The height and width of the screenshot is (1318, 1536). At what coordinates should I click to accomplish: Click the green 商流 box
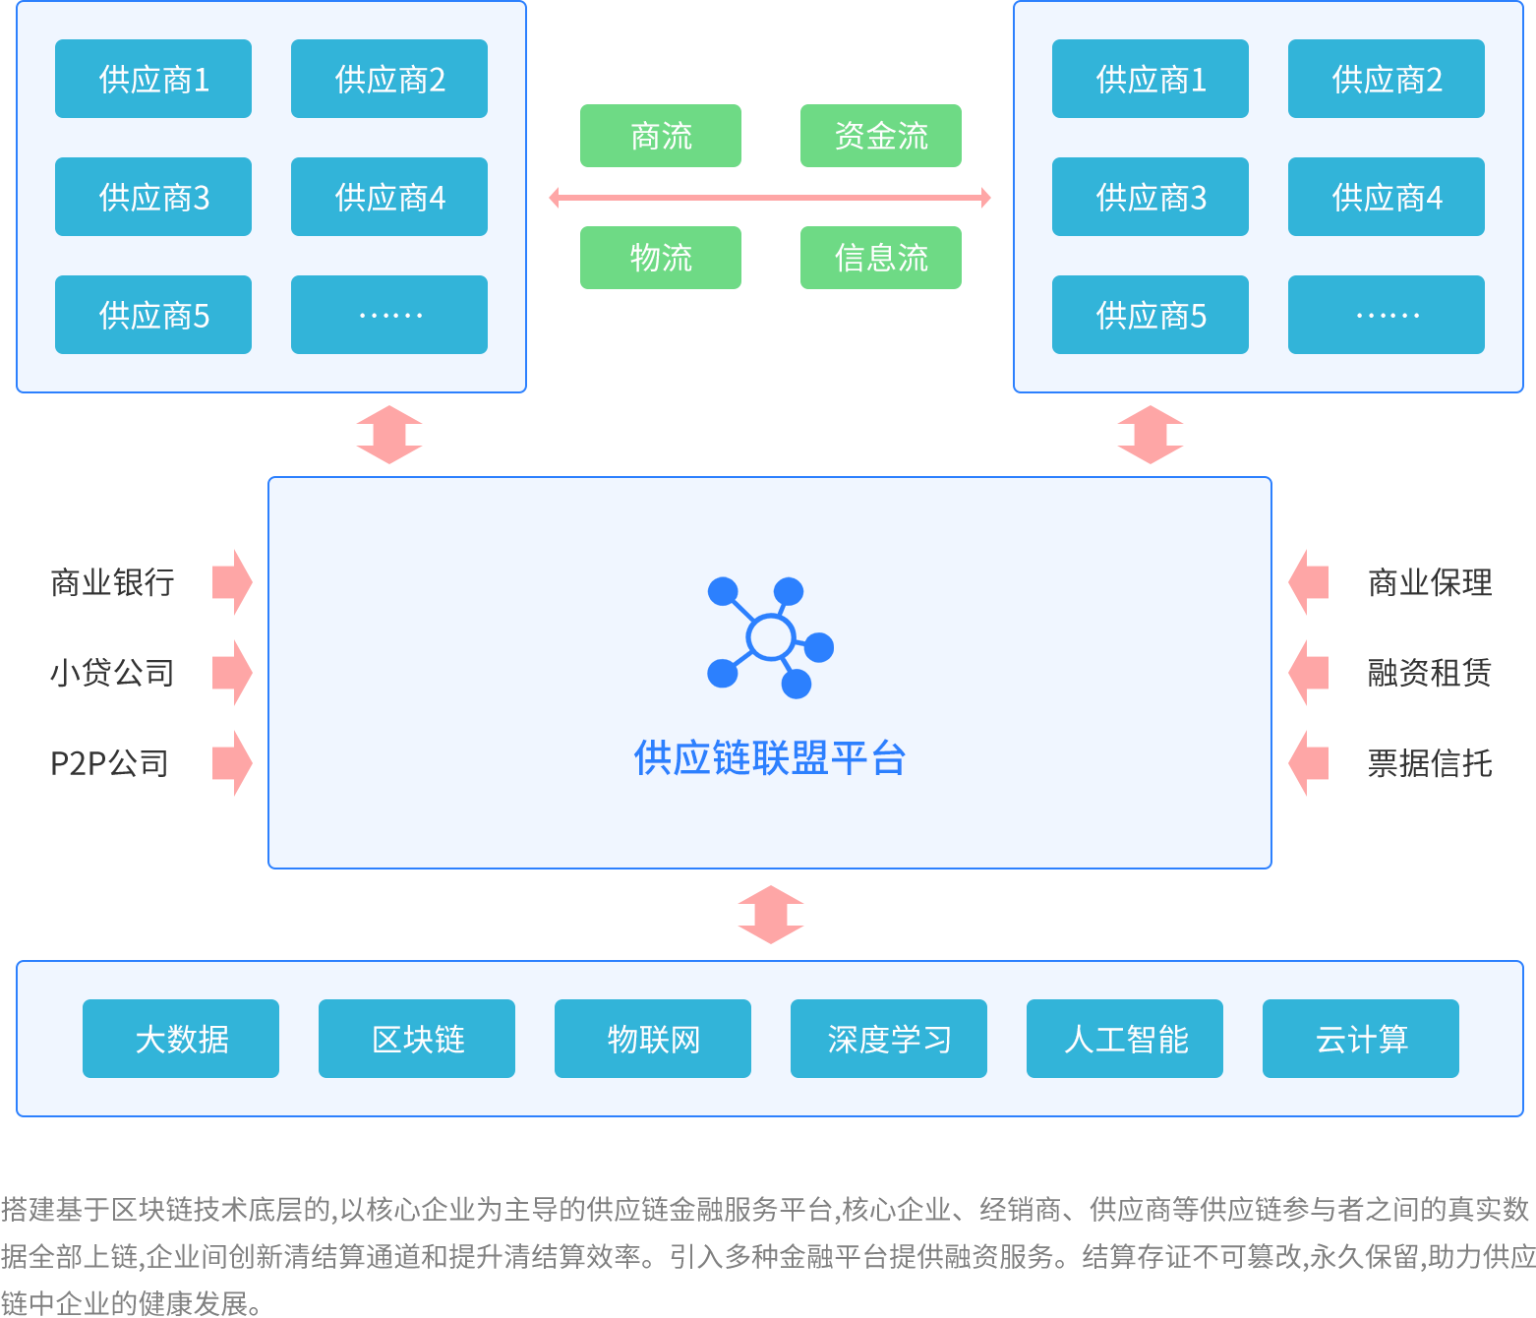click(x=661, y=136)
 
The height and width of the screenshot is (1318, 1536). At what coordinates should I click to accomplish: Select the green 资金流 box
click(x=881, y=136)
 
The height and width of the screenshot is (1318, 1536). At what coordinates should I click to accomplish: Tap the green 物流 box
click(x=661, y=258)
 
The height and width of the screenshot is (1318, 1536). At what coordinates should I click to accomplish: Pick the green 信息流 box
click(x=881, y=258)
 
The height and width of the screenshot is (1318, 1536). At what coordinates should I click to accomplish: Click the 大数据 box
click(x=181, y=1039)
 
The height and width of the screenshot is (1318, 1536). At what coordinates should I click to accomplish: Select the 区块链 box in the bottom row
click(x=417, y=1039)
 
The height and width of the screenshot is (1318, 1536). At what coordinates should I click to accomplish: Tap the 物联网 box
click(x=653, y=1039)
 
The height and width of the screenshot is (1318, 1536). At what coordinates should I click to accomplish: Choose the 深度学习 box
click(x=889, y=1039)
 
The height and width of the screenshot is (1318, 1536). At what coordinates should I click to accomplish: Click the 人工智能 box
click(x=1125, y=1039)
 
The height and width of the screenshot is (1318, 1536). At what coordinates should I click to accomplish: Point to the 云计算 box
click(x=1361, y=1039)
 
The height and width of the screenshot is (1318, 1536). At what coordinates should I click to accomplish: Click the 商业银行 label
click(x=112, y=582)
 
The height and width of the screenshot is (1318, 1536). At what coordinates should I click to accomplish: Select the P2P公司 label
click(x=109, y=763)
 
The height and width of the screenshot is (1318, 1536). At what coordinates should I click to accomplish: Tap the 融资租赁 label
click(x=1430, y=673)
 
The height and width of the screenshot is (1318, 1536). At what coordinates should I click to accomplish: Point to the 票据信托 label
click(x=1430, y=763)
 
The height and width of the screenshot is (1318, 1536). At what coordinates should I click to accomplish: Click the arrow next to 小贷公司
click(x=233, y=673)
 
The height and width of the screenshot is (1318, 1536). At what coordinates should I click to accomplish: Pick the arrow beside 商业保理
click(x=1308, y=582)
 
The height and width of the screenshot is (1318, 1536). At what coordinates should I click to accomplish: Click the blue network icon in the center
click(x=770, y=638)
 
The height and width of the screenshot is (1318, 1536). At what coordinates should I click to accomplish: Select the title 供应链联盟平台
click(x=770, y=758)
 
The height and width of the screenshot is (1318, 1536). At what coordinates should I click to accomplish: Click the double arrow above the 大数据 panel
click(x=771, y=915)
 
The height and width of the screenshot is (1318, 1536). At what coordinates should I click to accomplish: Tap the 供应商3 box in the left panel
click(x=153, y=197)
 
